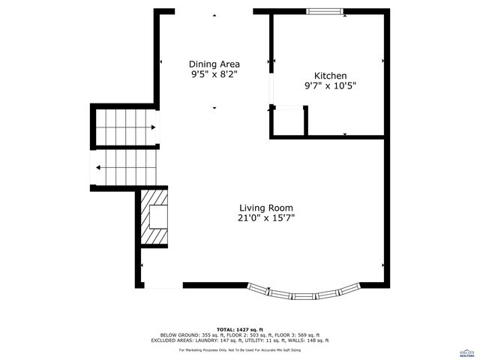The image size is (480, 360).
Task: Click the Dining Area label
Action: pos(214,64)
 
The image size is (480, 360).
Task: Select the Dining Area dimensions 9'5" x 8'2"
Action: pos(214,75)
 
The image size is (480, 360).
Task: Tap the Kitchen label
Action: pos(330,76)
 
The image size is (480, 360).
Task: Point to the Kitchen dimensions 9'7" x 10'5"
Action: pos(330,86)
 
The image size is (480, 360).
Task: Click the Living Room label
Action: pos(266,208)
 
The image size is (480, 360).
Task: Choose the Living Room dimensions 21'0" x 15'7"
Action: pos(266,218)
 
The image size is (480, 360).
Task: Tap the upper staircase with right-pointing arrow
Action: pos(125,127)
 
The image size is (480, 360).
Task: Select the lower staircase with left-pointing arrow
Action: pos(125,166)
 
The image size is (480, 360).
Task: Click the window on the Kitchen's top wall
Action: pos(325,11)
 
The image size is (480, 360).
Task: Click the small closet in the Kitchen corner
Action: pos(289,121)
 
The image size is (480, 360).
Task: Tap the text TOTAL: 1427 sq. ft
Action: pos(240,329)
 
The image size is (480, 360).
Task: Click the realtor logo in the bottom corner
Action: pos(466,351)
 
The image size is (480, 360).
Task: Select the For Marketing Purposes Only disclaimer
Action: pos(240,350)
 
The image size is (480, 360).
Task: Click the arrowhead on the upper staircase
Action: pos(153,127)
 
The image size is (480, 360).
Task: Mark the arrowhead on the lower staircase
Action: pos(98,166)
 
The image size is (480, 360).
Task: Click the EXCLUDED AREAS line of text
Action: pos(240,340)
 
